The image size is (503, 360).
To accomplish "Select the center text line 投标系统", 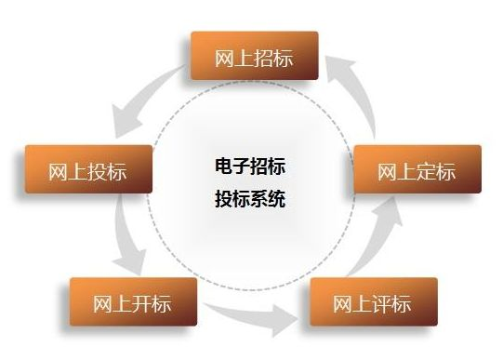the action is [249, 198].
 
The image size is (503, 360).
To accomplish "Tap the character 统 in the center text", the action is [276, 198].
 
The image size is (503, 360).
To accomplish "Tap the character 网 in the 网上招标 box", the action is [224, 58].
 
